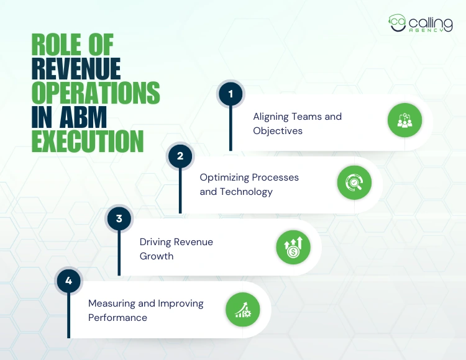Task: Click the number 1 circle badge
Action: coord(231,94)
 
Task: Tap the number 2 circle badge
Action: coord(180,156)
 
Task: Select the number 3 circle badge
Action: coord(119,218)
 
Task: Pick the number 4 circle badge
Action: coord(68,281)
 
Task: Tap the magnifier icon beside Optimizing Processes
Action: coord(354,182)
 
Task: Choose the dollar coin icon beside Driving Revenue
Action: coord(293,246)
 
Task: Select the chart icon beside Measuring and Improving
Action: coord(242,309)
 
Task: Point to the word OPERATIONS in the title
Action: coord(95,94)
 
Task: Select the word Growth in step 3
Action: coord(157,256)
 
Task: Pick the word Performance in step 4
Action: coord(117,317)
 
